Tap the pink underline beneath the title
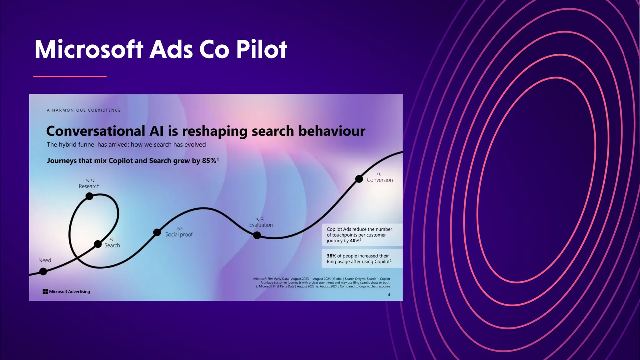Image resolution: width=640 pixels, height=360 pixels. point(70,76)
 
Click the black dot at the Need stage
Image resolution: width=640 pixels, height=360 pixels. point(43,272)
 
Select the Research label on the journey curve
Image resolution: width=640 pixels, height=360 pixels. point(89,186)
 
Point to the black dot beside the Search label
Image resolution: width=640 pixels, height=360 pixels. point(98,244)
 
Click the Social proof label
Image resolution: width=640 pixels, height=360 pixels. point(179,234)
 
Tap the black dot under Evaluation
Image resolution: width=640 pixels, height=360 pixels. point(257,235)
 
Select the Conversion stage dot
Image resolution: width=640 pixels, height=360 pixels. point(359,179)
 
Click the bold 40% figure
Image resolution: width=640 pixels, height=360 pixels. point(354,241)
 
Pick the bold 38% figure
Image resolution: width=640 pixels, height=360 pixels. point(331,256)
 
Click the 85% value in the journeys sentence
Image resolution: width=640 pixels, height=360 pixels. point(209,161)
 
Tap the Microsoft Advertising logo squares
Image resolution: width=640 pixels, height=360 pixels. point(45,292)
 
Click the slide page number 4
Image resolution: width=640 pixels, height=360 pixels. point(389,295)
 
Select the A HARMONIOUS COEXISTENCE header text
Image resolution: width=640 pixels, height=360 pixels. point(84,110)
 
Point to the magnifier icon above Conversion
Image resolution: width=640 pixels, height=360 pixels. point(379,174)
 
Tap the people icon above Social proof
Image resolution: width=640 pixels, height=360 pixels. point(180,229)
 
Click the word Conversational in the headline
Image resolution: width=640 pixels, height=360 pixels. point(96,131)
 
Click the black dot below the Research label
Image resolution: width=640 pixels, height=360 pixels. point(89,196)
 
